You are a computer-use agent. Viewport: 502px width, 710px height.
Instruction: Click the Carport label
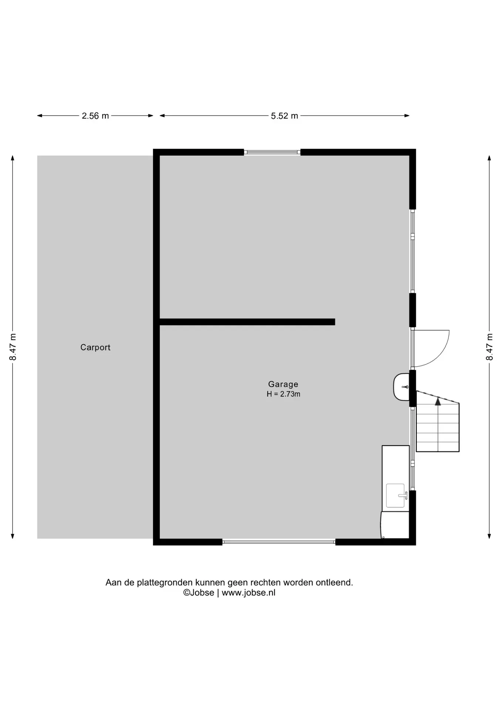(x=95, y=347)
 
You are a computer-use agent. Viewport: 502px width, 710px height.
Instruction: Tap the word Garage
(x=283, y=385)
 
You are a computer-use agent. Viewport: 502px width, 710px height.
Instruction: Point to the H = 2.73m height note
(x=284, y=394)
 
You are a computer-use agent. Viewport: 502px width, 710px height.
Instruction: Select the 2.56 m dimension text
(x=95, y=116)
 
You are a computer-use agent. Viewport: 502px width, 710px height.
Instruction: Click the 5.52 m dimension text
(x=284, y=116)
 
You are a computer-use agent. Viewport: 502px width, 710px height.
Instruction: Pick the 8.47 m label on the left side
(x=13, y=347)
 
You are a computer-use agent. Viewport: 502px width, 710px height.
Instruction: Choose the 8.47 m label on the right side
(x=489, y=347)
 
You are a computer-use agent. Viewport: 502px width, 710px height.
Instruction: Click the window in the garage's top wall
(x=272, y=152)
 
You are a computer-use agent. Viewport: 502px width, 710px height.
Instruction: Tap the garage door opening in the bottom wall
(x=279, y=542)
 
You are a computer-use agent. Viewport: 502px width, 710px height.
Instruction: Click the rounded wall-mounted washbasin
(x=401, y=387)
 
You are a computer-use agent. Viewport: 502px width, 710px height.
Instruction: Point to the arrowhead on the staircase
(x=438, y=401)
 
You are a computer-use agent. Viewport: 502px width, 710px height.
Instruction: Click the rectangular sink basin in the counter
(x=395, y=496)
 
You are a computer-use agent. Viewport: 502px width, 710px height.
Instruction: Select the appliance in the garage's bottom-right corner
(x=395, y=525)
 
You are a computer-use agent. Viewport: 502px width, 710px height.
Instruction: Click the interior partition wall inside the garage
(x=247, y=322)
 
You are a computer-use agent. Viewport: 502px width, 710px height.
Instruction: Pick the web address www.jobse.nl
(x=248, y=593)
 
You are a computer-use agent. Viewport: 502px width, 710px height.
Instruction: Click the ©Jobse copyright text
(x=199, y=593)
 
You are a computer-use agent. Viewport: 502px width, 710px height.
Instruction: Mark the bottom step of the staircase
(x=438, y=447)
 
